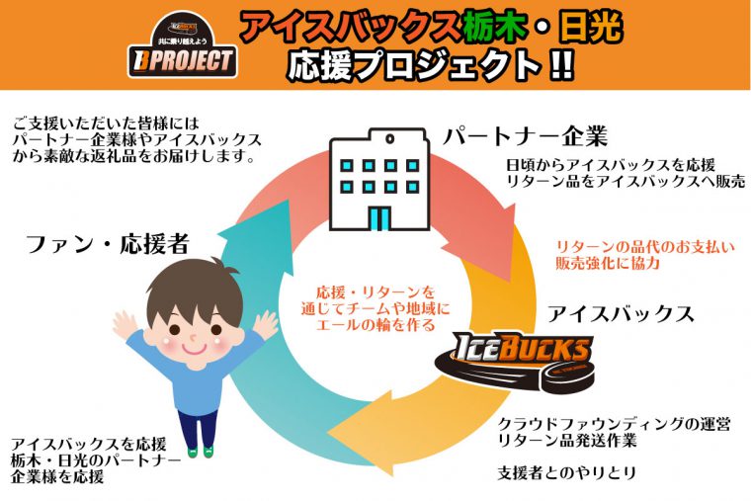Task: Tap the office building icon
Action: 379,179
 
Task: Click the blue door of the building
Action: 379,218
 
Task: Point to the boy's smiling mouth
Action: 195,348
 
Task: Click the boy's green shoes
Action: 201,452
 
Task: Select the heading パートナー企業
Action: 526,136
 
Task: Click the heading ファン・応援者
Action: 108,243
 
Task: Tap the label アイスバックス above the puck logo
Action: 621,314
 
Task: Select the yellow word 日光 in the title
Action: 591,27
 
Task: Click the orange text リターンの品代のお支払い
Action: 645,247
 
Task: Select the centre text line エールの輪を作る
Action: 375,325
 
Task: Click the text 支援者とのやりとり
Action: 566,473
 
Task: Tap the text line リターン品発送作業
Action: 567,440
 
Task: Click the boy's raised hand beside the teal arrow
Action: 266,325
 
